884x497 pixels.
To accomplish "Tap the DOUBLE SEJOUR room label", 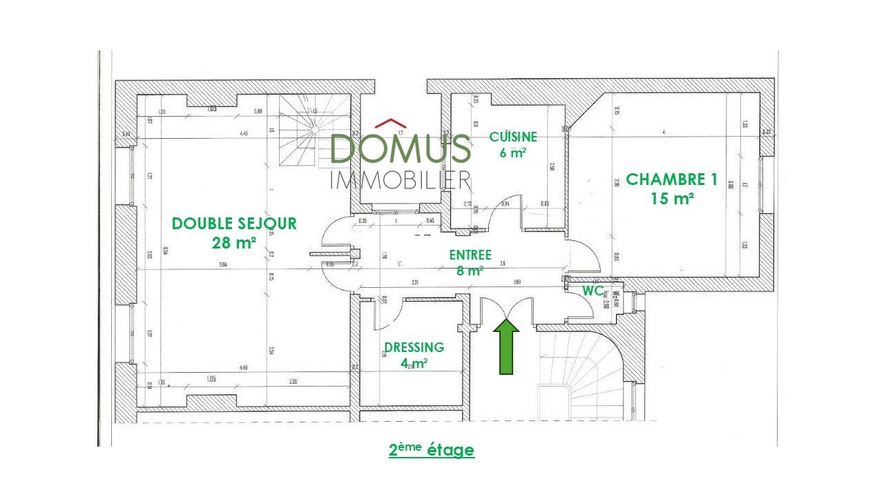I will tap(234, 224).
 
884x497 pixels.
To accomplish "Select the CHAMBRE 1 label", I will tap(671, 179).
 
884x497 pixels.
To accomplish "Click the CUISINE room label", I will tap(512, 137).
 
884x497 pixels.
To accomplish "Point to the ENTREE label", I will tap(470, 255).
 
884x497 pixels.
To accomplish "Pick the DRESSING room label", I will tap(414, 347).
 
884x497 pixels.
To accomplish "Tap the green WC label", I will tap(593, 291).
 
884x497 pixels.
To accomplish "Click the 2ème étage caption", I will tap(432, 450).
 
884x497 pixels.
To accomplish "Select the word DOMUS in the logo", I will tap(401, 148).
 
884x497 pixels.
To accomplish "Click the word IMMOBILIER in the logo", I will tap(401, 179).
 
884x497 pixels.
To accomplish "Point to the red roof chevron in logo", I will tap(390, 124).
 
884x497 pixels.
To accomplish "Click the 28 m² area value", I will tap(234, 242).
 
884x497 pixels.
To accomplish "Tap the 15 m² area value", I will tap(671, 199).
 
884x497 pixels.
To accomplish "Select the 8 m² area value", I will tap(470, 271).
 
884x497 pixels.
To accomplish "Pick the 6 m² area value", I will tap(512, 153).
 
